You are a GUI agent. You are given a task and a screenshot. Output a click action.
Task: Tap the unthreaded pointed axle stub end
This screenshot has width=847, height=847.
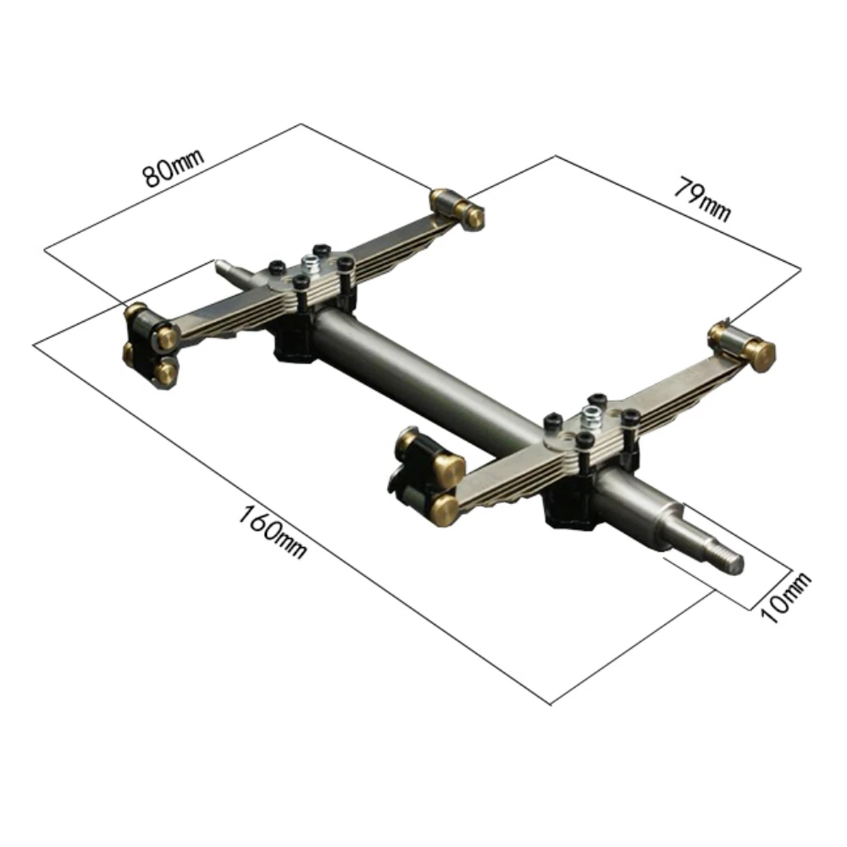pos(223,268)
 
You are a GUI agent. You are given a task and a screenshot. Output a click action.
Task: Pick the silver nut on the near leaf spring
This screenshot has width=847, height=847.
pos(593,418)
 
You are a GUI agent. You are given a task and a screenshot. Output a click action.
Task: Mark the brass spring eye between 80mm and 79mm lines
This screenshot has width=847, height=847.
pos(457,208)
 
